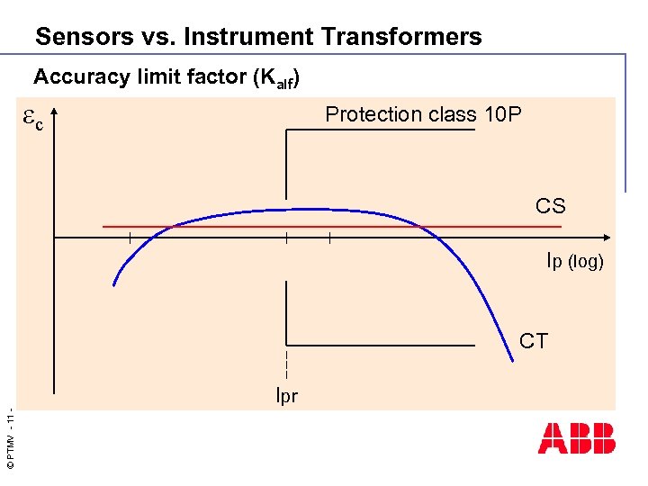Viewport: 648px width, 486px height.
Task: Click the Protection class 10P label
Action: pyautogui.click(x=423, y=114)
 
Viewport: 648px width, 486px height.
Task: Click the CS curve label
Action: pyautogui.click(x=550, y=206)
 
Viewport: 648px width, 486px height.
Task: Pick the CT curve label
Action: pyautogui.click(x=534, y=341)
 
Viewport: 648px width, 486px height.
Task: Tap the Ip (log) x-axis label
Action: pyautogui.click(x=575, y=262)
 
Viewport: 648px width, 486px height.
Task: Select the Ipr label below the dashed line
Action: pyautogui.click(x=286, y=395)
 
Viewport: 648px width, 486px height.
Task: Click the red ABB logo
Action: pyautogui.click(x=577, y=438)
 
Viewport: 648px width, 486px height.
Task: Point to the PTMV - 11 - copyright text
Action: pyautogui.click(x=9, y=441)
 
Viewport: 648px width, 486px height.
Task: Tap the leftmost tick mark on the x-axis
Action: pyautogui.click(x=130, y=238)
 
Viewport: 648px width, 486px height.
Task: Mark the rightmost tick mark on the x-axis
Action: pyautogui.click(x=330, y=238)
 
